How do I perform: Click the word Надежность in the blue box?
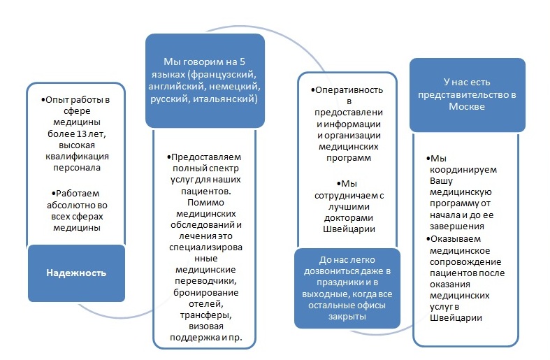(76, 273)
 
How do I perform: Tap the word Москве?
(467, 106)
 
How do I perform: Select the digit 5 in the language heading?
(242, 62)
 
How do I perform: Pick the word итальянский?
(225, 99)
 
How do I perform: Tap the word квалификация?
(77, 157)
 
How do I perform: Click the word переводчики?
(205, 281)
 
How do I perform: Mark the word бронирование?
(206, 293)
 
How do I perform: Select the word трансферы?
(206, 315)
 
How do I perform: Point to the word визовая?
(206, 326)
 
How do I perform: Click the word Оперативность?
(349, 90)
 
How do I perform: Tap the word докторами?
(349, 218)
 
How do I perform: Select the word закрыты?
(347, 317)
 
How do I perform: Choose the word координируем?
(463, 170)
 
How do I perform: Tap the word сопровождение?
(465, 262)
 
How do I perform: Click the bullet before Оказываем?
(428, 239)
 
